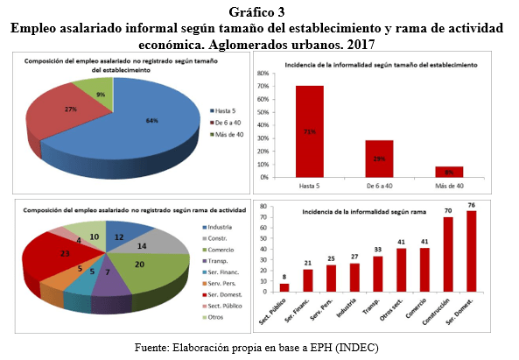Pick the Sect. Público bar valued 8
pyautogui.click(x=284, y=287)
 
